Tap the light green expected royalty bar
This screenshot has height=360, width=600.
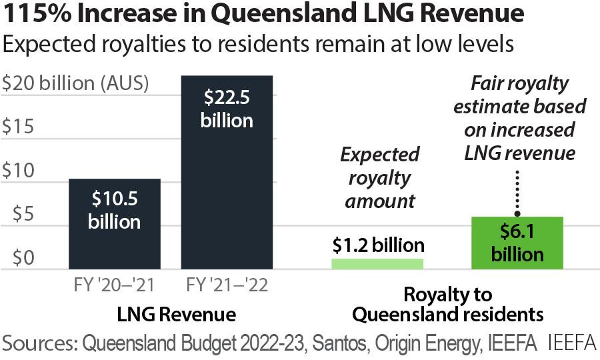pos(377,263)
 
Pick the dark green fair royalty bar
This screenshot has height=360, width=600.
pos(517,243)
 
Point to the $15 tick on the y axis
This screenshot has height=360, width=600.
pos(19,127)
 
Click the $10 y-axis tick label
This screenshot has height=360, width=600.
pos(19,171)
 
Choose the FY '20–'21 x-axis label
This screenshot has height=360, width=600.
pos(114,286)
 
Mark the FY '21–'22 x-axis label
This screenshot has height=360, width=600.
pos(227,286)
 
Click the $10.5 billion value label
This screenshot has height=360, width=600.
pos(114,210)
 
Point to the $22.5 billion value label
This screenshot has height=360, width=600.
pos(227,109)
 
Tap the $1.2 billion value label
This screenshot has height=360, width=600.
pos(378,246)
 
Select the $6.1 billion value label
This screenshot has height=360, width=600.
pos(518,243)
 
